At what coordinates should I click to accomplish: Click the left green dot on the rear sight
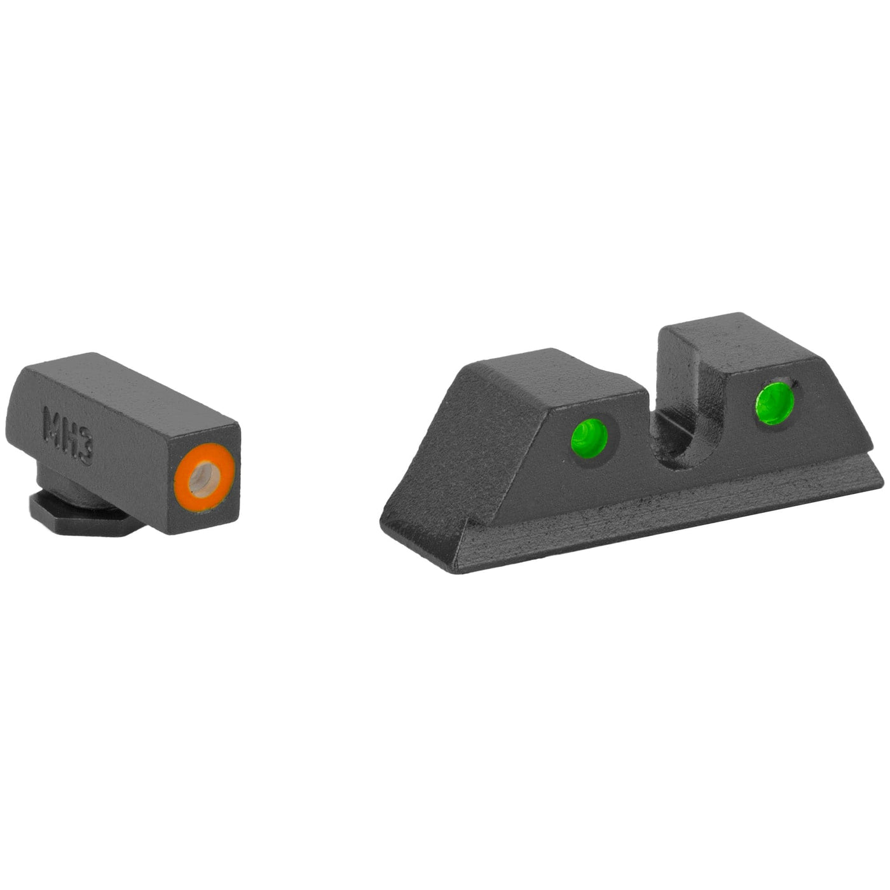pyautogui.click(x=589, y=435)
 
